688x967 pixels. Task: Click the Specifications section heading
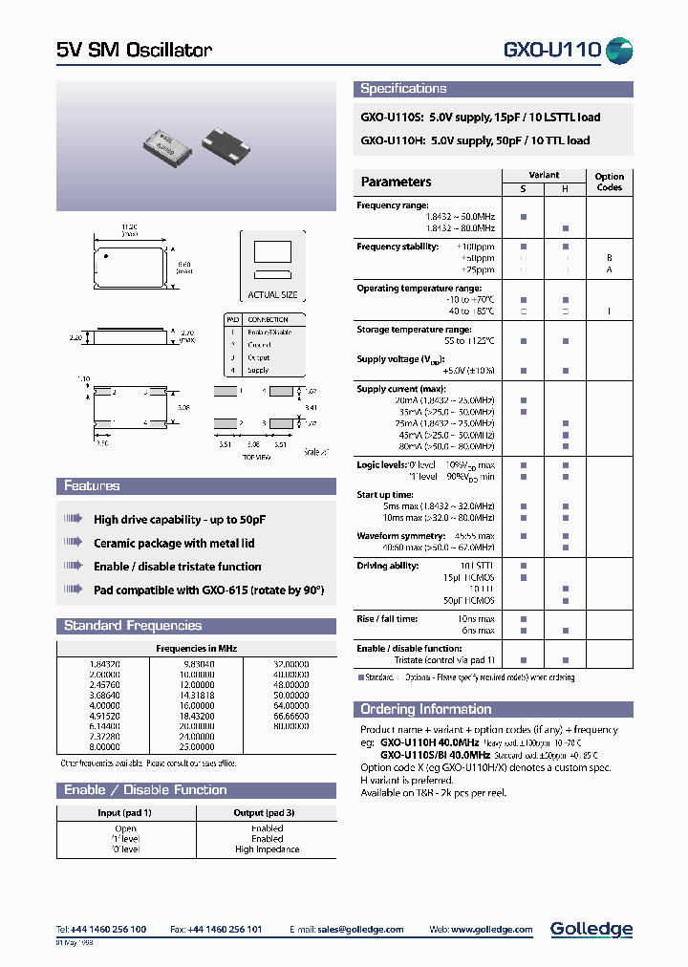[x=403, y=89]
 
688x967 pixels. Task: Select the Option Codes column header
[x=609, y=182]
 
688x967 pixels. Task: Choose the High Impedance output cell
[x=267, y=849]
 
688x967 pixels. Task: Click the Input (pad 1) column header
[x=125, y=812]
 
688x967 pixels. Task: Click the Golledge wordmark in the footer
[x=591, y=929]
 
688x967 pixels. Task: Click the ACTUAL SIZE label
[x=272, y=295]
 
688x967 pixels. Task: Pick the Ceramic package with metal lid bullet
[x=174, y=543]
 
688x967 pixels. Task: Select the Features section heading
[x=92, y=486]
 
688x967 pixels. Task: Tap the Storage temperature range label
[x=414, y=330]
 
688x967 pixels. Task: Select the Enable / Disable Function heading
[x=145, y=790]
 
